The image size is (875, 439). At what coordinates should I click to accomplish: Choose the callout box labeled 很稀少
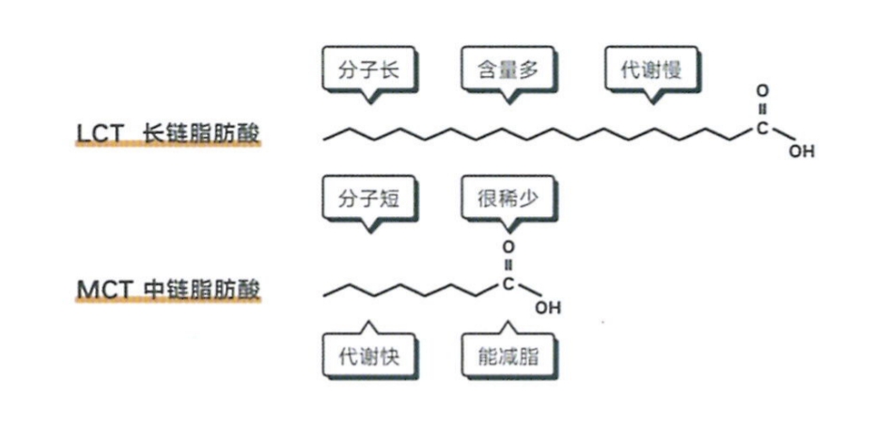(x=508, y=200)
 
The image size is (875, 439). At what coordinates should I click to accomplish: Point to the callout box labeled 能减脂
(x=508, y=355)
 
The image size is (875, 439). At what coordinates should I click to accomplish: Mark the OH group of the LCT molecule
(x=801, y=151)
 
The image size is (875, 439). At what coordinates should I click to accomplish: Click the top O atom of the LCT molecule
(x=761, y=91)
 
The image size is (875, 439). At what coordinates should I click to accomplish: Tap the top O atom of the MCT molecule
(x=508, y=247)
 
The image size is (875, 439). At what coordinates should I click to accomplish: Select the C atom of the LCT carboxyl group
(x=762, y=130)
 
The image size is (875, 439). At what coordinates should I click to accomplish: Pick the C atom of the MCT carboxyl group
(x=508, y=286)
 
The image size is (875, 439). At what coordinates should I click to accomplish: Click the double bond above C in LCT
(x=761, y=110)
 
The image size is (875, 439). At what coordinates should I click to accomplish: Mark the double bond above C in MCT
(x=508, y=266)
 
